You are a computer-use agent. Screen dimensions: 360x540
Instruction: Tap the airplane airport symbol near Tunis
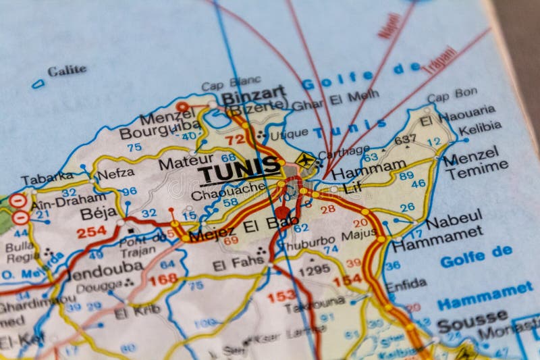(x=306, y=161)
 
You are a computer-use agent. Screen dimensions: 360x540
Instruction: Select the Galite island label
(x=67, y=70)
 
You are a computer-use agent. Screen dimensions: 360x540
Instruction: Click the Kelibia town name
(x=480, y=127)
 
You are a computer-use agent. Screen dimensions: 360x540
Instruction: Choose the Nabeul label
(x=454, y=218)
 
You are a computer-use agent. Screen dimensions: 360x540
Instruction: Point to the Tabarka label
(x=47, y=179)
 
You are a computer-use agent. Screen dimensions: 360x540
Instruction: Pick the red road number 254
(x=91, y=232)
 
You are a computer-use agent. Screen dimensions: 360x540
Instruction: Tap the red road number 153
(x=281, y=297)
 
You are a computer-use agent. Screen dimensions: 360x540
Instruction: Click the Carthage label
(x=344, y=151)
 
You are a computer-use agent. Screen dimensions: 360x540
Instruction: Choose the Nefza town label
(x=115, y=174)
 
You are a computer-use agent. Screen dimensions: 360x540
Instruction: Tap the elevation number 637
(x=406, y=140)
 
